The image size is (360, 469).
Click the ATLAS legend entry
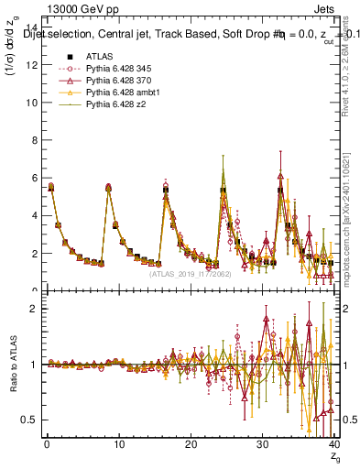pyautogui.click(x=97, y=56)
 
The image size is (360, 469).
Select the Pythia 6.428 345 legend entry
pyautogui.click(x=115, y=69)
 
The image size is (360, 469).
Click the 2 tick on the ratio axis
pyautogui.click(x=34, y=309)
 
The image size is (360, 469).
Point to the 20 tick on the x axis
pyautogui.click(x=191, y=446)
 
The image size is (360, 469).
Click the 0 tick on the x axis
pyautogui.click(x=46, y=446)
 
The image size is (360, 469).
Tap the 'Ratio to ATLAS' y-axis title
pyautogui.click(x=14, y=366)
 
